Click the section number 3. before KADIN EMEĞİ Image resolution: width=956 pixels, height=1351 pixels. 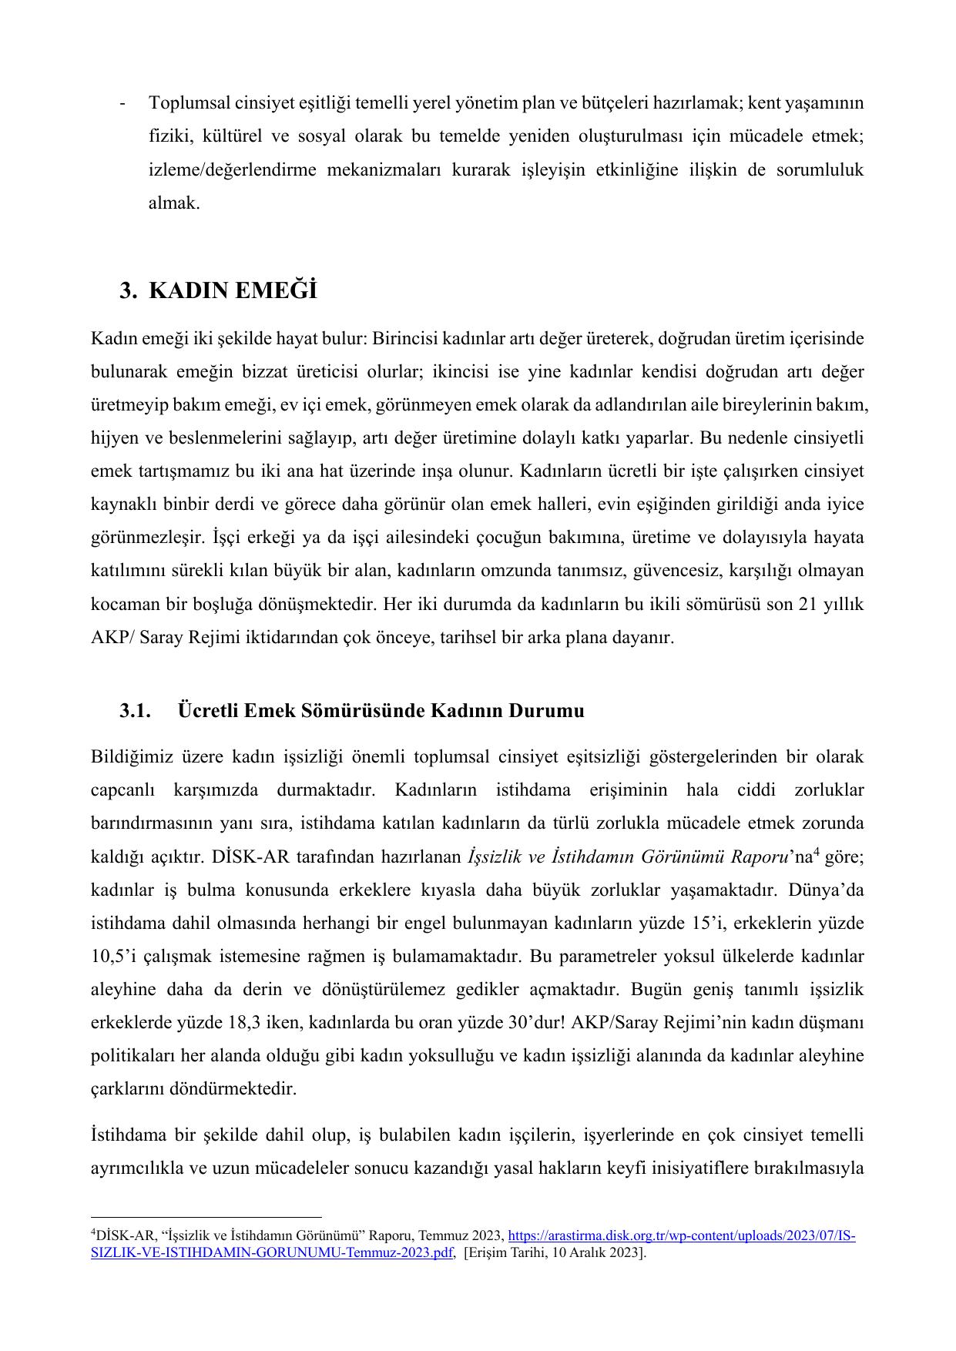pyautogui.click(x=128, y=291)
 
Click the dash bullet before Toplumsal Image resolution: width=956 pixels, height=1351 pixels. pyautogui.click(x=123, y=103)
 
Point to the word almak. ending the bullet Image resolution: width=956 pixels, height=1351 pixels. pyautogui.click(x=174, y=203)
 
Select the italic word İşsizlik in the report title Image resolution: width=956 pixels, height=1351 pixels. pyautogui.click(x=494, y=857)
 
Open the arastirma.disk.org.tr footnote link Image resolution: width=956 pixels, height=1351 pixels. pyautogui.click(x=681, y=1235)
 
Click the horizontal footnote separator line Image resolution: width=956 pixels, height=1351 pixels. pyautogui.click(x=206, y=1218)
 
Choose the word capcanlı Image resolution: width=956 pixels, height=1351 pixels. pyautogui.click(x=123, y=790)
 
